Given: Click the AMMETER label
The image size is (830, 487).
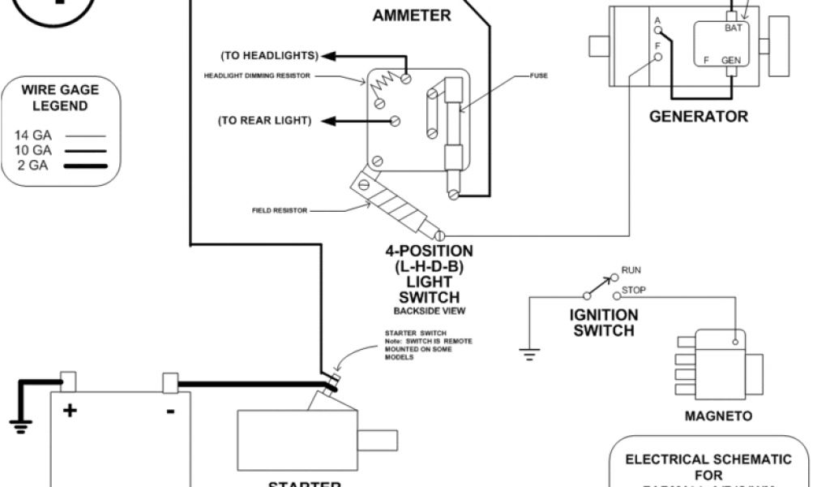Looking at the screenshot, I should [411, 15].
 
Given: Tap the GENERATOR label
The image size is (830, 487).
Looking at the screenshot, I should [698, 116].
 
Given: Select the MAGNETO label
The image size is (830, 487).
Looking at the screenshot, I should [718, 416].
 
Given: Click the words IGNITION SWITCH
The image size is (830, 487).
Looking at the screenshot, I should [605, 322].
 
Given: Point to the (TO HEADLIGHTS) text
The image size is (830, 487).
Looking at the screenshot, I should [269, 55].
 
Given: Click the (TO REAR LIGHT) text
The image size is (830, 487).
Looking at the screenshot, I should [265, 121].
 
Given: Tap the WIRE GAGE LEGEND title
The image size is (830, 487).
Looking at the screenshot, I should [60, 98].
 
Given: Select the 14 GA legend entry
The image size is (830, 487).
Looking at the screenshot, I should [33, 136].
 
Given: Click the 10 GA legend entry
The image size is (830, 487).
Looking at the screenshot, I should [33, 150].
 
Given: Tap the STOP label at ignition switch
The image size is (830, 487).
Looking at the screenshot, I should [633, 290].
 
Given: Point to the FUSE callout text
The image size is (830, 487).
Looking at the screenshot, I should [539, 76].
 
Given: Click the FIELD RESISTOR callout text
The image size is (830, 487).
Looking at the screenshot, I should [280, 209].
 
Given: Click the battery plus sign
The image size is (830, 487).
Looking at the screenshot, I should [70, 411].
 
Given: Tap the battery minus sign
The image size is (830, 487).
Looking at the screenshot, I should [170, 411].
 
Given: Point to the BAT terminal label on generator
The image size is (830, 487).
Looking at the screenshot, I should [732, 27].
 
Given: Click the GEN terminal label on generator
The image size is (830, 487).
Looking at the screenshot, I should [730, 60].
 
